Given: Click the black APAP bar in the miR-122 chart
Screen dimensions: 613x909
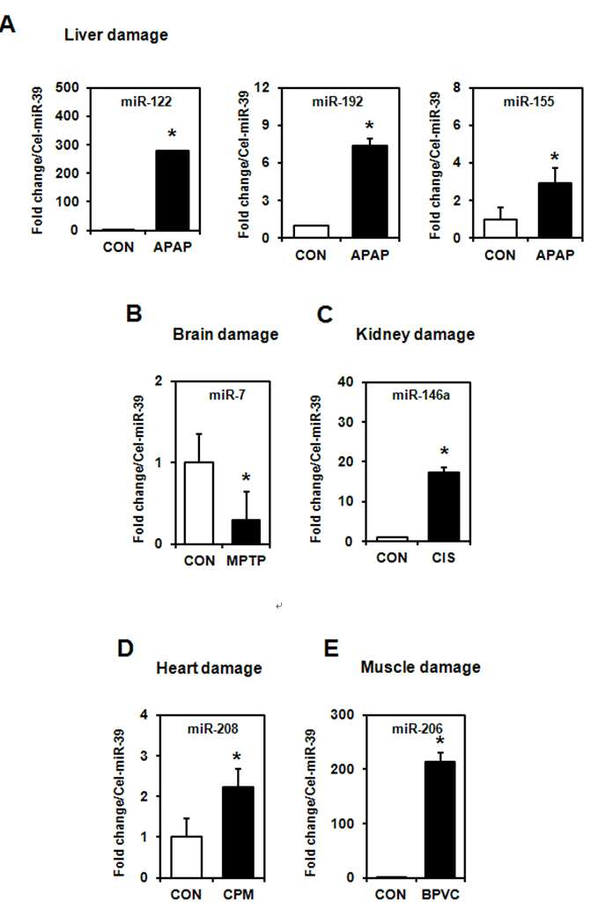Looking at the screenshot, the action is [173, 190].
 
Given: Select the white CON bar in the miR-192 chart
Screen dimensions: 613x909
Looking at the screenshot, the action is [311, 232].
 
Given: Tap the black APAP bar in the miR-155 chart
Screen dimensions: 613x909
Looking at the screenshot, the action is [554, 210].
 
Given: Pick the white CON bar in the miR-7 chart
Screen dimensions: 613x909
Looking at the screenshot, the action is [198, 503].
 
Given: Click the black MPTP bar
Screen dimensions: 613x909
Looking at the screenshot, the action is [246, 532].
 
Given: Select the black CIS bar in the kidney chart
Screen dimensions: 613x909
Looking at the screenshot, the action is [444, 506].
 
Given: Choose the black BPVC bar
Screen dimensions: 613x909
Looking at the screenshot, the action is [440, 820].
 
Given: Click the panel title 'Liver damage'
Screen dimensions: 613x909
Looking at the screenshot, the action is [116, 34].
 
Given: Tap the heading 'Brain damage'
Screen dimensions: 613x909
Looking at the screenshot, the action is [225, 335].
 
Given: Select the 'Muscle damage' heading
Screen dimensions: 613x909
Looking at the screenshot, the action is [420, 668].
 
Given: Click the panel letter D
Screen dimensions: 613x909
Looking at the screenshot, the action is [125, 648].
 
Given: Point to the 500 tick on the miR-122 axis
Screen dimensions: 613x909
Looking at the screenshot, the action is [67, 87].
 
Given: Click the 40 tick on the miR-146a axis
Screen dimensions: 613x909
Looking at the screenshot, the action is [345, 382].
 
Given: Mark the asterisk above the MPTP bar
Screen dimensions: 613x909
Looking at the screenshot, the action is [246, 478].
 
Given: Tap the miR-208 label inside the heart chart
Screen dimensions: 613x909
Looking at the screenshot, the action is [212, 728].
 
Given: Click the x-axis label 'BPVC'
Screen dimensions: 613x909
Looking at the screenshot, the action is [440, 895].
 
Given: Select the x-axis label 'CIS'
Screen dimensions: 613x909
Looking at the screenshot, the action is [444, 558].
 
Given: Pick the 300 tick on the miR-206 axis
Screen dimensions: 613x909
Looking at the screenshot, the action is [342, 715].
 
